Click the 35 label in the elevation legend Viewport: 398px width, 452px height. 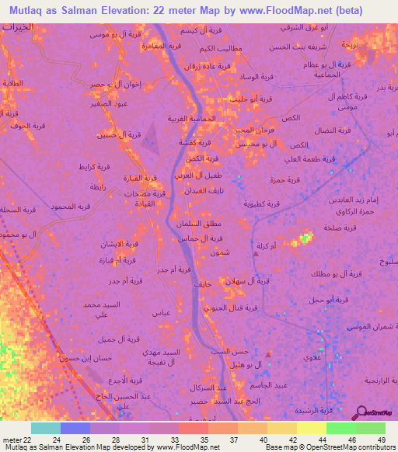[x=193, y=439]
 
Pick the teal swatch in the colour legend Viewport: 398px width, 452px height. [x=46, y=428]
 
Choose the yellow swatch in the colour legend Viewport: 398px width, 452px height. [x=312, y=428]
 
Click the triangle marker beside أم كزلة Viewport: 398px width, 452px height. [x=256, y=252]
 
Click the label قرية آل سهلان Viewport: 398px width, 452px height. [x=246, y=280]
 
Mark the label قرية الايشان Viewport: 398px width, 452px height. [x=120, y=244]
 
